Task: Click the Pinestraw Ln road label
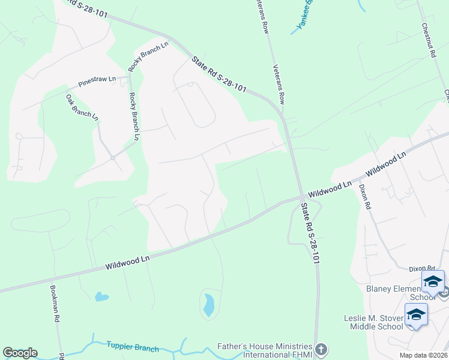(x=97, y=82)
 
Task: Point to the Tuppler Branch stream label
(x=133, y=348)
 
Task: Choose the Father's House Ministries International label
(x=264, y=352)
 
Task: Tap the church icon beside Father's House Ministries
(x=322, y=349)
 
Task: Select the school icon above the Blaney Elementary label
(x=433, y=281)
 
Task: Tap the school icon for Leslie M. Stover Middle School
(x=416, y=314)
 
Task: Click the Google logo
(x=20, y=353)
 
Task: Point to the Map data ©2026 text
(x=423, y=355)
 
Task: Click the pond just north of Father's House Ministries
(x=208, y=305)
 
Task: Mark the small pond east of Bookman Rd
(x=101, y=296)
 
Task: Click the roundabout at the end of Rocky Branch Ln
(x=112, y=158)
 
